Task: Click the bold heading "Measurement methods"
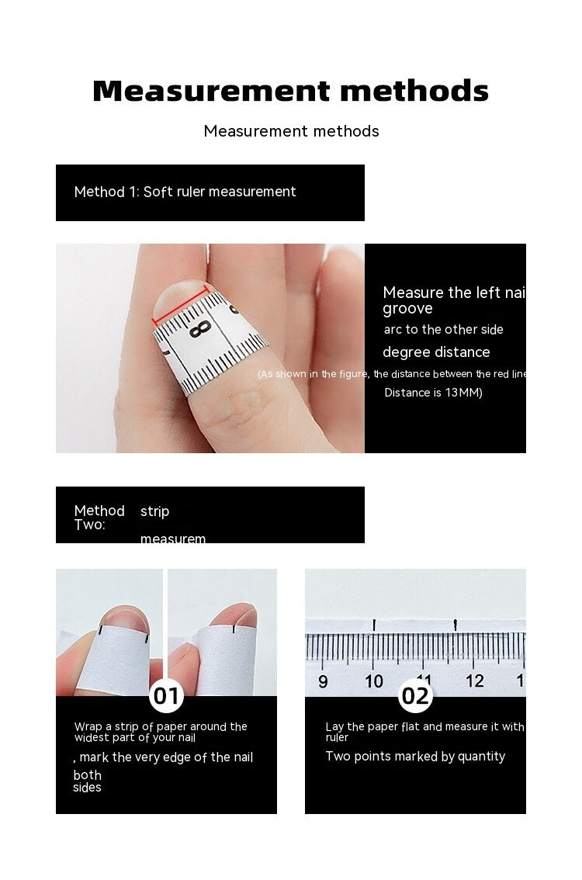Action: (291, 92)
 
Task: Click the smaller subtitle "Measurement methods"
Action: (291, 131)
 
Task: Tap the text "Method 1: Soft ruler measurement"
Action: (185, 192)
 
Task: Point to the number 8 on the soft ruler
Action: (200, 329)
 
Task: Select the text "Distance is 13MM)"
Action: (433, 393)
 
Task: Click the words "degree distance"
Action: (436, 352)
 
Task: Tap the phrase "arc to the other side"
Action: (443, 330)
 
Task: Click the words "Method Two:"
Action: (99, 517)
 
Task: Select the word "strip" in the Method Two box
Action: (154, 511)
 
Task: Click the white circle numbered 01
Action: (166, 695)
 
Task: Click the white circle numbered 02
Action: (415, 695)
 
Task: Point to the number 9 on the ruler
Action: (323, 681)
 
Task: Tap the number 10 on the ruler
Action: (374, 681)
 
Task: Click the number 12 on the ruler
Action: (475, 681)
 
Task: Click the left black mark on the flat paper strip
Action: (374, 624)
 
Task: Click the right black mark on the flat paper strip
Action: (456, 623)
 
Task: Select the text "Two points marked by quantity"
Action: (415, 757)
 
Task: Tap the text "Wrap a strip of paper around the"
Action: (161, 726)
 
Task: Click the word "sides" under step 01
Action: (87, 788)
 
